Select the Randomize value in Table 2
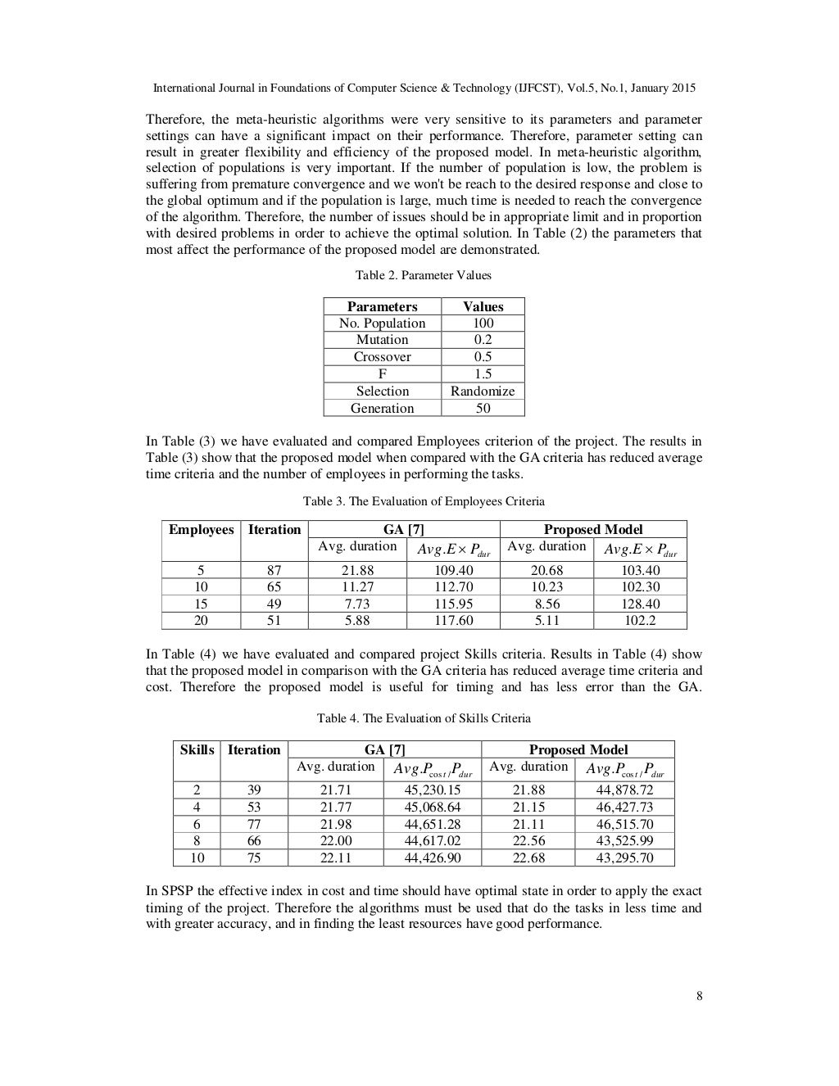(483, 391)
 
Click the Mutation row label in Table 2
(382, 339)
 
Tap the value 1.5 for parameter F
(483, 373)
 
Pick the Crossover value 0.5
(483, 356)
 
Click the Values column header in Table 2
(483, 306)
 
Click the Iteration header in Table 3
(274, 529)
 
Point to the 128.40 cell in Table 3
(641, 604)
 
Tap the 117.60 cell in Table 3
(453, 621)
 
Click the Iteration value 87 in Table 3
(274, 570)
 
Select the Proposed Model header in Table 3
(593, 529)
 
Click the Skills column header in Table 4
(197, 749)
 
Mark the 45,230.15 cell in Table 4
(433, 790)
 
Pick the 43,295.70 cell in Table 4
(624, 857)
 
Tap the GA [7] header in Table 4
(385, 749)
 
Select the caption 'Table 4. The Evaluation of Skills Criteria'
(424, 718)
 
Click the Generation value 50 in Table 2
(483, 408)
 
